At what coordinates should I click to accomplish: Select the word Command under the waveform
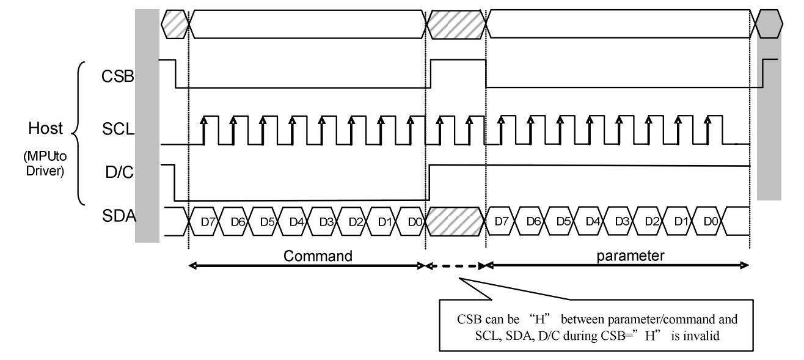coord(318,255)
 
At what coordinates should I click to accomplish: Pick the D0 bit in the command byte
coord(412,221)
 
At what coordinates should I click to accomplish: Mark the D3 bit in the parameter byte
coord(620,221)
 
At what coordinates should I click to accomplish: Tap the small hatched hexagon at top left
coord(175,22)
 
